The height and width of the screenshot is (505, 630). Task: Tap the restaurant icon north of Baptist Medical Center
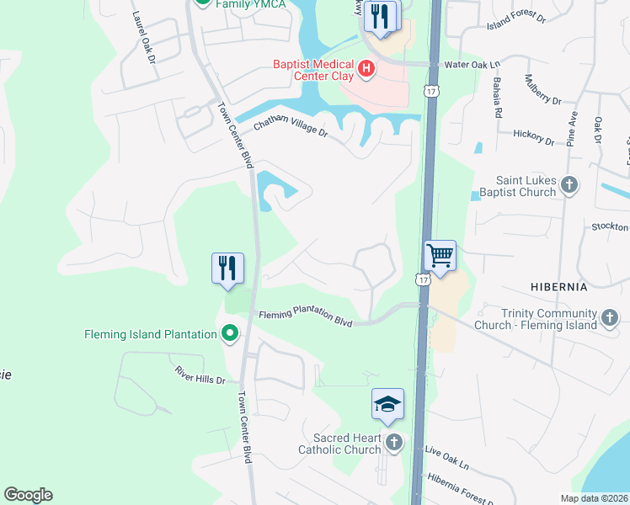tap(381, 16)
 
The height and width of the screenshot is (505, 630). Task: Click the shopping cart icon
tap(439, 254)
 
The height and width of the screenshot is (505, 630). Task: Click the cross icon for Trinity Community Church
tap(610, 317)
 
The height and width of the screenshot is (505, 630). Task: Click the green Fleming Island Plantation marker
tap(228, 334)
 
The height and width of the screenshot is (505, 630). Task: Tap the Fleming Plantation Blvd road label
tap(305, 317)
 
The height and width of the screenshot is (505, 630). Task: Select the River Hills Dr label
tap(200, 375)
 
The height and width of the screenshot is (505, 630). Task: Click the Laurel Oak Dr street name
tap(143, 38)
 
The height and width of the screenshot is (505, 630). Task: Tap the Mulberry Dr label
tap(542, 90)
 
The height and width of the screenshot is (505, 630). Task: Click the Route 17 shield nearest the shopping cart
tap(423, 279)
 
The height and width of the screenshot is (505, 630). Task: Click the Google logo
tap(28, 495)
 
